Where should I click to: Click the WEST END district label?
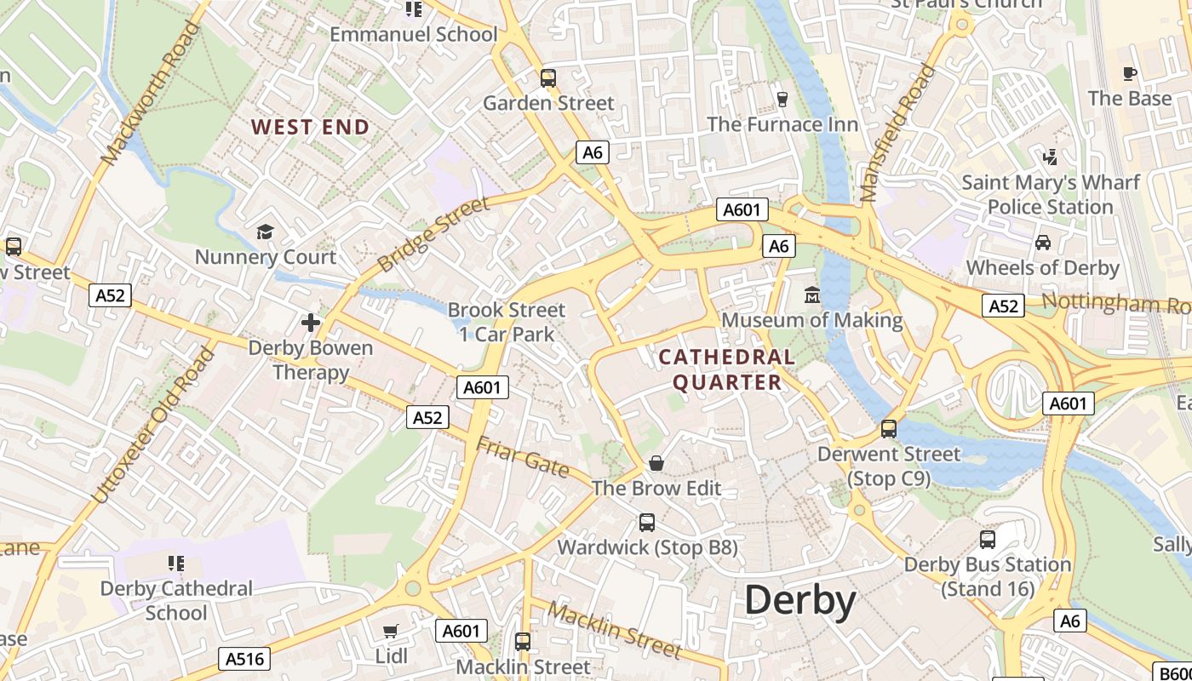(311, 128)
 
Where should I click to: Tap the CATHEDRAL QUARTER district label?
(727, 369)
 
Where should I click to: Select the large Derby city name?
(800, 600)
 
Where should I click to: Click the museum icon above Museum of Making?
(812, 295)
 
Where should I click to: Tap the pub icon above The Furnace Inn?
(782, 100)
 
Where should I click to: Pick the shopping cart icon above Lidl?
(391, 631)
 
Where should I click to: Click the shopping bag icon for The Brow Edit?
(656, 463)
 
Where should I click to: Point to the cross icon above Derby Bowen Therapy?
(311, 323)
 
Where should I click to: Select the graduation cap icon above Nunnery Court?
(266, 232)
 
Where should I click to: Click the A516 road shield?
(247, 658)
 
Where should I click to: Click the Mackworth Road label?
(150, 94)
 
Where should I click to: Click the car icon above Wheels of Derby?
(1043, 243)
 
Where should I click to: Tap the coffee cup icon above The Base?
(1130, 74)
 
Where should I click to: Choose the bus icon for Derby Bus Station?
(988, 539)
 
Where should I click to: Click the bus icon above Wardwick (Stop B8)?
(647, 522)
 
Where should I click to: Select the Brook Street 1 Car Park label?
(507, 322)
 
